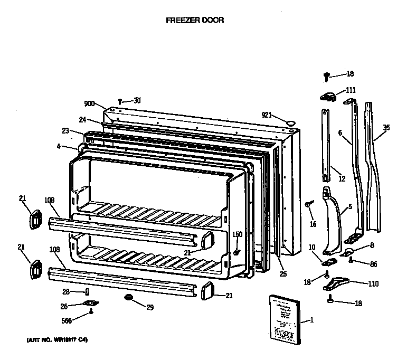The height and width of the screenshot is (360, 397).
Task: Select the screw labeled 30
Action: click(121, 100)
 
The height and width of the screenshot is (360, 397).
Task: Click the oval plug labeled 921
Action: click(290, 122)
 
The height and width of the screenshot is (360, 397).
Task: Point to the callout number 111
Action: click(351, 90)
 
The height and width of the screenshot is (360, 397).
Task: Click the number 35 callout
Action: click(386, 127)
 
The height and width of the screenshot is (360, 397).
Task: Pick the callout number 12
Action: click(342, 179)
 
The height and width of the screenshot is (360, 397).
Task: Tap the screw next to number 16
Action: click(309, 204)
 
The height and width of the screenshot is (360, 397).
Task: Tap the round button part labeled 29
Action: click(128, 299)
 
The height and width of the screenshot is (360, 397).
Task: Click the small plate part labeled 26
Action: click(90, 304)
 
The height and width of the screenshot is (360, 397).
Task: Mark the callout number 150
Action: click(237, 234)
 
